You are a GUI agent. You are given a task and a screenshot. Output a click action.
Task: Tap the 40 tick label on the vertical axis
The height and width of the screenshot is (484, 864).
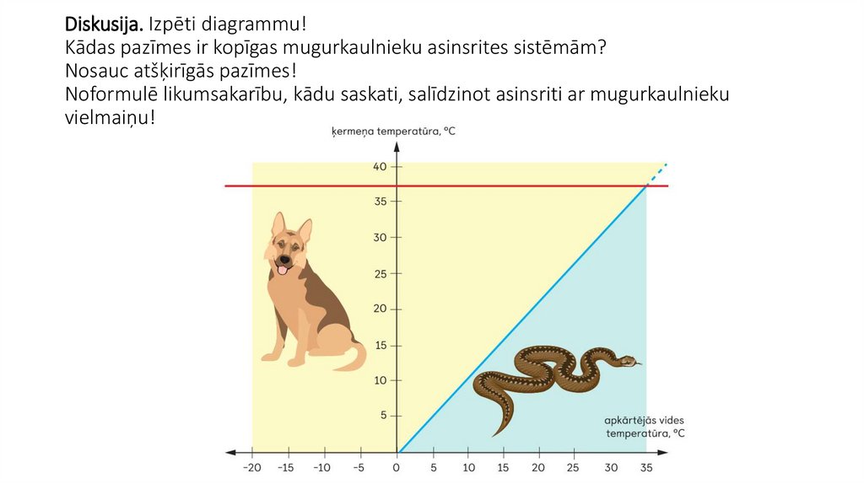click(x=380, y=167)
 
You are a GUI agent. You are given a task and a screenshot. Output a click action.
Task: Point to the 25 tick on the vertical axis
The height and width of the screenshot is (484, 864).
click(x=380, y=273)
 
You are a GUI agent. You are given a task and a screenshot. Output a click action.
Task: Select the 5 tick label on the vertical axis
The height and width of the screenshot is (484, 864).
click(x=383, y=415)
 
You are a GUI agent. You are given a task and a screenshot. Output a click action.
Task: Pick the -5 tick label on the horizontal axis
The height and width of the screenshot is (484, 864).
click(x=358, y=468)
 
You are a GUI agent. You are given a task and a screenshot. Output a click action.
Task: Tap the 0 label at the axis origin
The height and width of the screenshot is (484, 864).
click(x=397, y=468)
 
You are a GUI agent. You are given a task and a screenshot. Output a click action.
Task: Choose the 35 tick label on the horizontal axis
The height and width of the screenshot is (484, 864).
click(x=645, y=468)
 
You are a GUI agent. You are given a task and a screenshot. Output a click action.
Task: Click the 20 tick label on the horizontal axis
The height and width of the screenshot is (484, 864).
click(x=538, y=468)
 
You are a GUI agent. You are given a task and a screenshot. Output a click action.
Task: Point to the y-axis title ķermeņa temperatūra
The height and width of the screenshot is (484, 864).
click(x=393, y=132)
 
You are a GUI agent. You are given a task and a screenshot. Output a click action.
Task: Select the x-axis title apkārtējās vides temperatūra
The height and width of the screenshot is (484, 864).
click(x=644, y=427)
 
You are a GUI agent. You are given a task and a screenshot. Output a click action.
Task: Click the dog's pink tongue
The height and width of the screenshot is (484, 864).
click(x=283, y=271)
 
